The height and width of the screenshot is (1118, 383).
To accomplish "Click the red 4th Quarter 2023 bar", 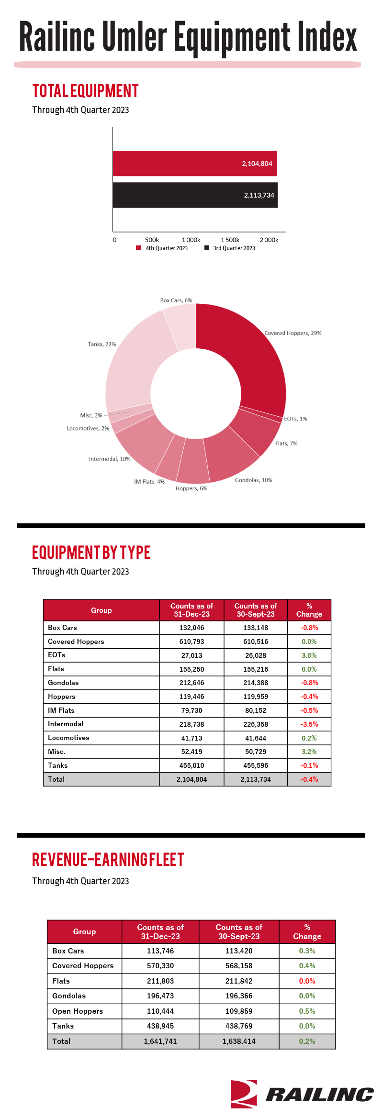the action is coord(195,164).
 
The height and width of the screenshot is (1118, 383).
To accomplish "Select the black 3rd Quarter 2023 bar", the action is coord(195,195).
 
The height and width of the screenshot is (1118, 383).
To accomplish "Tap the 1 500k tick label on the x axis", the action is coord(230,240).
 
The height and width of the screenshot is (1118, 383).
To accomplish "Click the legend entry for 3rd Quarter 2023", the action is coord(230,248).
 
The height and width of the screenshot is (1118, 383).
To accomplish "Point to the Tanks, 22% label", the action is coord(102,344).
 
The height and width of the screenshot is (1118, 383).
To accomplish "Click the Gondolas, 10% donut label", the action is coord(254,480).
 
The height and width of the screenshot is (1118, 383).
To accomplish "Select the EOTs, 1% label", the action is coord(296,419).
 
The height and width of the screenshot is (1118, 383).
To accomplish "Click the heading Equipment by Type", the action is coord(91,553).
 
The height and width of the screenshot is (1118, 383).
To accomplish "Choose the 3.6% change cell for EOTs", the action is coord(309,655).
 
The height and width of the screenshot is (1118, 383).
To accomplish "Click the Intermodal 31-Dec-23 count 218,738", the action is coord(192,724).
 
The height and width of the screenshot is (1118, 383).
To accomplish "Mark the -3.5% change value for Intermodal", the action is coord(309,724).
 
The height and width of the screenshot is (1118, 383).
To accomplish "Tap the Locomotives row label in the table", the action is coord(68,738).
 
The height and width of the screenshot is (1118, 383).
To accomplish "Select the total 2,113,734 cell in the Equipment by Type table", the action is coord(256,779).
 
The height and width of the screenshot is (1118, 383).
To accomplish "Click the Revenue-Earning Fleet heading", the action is coord(108,860).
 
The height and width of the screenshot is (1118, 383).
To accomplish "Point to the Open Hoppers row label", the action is coord(78,1011).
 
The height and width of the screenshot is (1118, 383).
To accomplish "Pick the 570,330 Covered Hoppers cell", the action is coord(160,966).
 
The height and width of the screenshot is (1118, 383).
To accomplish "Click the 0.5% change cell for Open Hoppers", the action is coord(307,1011).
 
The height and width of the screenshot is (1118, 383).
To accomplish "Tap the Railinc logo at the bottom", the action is coord(302,1094).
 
